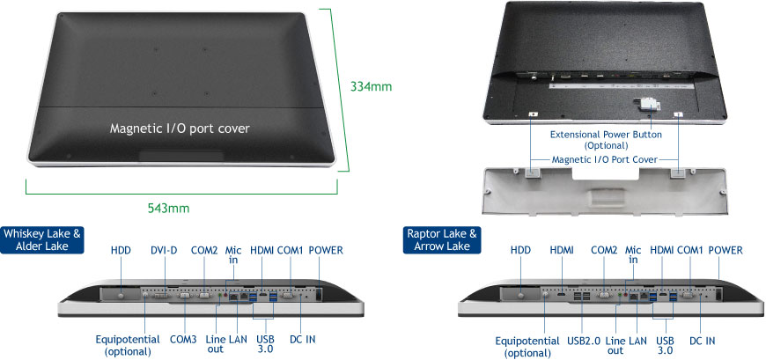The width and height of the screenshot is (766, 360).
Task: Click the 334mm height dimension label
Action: tap(371, 87)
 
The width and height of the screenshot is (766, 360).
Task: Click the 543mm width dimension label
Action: tap(168, 208)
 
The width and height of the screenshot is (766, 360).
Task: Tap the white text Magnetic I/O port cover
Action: tap(180, 129)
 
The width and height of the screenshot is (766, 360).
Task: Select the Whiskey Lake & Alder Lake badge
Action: tap(42, 239)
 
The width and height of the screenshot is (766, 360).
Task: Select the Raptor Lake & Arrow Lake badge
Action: tap(442, 239)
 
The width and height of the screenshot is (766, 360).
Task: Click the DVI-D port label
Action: tap(164, 251)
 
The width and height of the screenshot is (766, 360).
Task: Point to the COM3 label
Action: tap(183, 339)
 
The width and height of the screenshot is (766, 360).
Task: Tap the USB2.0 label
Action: tap(582, 341)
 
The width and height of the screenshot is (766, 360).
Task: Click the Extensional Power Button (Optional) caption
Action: tap(606, 140)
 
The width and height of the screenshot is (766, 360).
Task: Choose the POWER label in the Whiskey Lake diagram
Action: tap(326, 251)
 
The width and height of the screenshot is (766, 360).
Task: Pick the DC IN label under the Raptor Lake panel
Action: tap(702, 341)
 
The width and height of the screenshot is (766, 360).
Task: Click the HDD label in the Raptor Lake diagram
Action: tap(520, 251)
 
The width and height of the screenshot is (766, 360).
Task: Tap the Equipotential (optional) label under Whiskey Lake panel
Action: tap(128, 344)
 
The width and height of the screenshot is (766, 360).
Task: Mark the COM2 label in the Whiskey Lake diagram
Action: tap(204, 251)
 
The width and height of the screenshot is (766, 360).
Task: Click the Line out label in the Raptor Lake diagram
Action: tap(615, 345)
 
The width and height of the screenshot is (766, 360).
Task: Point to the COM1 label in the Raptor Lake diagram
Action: tap(689, 251)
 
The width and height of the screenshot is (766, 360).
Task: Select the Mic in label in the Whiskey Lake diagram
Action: tap(233, 255)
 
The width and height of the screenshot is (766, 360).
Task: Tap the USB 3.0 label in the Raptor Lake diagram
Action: tap(665, 345)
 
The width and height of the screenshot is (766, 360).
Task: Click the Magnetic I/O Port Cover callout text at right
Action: tap(605, 159)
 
